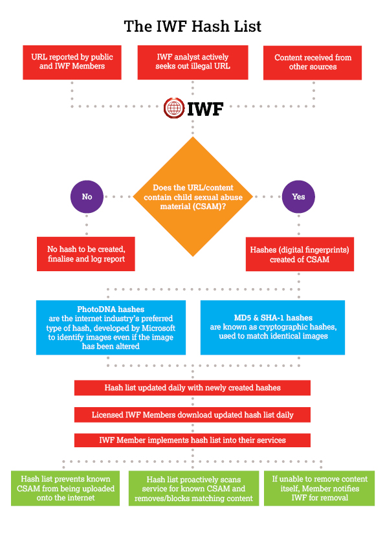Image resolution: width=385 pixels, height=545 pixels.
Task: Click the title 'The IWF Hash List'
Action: pyautogui.click(x=193, y=27)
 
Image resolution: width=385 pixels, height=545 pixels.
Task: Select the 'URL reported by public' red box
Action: pyautogui.click(x=72, y=63)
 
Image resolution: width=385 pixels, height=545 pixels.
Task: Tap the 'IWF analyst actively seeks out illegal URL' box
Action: pyautogui.click(x=193, y=63)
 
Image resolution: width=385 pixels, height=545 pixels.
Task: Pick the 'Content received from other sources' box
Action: pyautogui.click(x=313, y=63)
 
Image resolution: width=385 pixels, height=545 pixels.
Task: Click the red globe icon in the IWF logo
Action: pyautogui.click(x=174, y=108)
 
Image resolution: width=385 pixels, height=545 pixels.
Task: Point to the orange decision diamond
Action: pyautogui.click(x=193, y=197)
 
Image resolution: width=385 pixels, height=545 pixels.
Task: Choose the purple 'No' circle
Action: pyautogui.click(x=87, y=197)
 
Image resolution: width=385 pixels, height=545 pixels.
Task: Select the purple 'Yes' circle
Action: pyautogui.click(x=298, y=197)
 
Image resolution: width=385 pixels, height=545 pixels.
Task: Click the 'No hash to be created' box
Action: pyautogui.click(x=86, y=254)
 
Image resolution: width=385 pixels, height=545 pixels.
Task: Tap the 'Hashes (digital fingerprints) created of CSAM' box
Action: pyautogui.click(x=300, y=254)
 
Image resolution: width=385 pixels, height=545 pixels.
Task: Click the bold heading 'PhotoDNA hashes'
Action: pyautogui.click(x=111, y=309)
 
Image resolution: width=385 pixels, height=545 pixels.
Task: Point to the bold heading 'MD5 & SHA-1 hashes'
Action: pyautogui.click(x=273, y=318)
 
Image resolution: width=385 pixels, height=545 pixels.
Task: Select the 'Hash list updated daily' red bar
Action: pyautogui.click(x=192, y=388)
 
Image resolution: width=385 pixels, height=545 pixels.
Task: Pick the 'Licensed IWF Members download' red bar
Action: pyautogui.click(x=192, y=415)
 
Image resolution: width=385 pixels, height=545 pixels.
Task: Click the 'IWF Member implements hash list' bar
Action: pyautogui.click(x=192, y=440)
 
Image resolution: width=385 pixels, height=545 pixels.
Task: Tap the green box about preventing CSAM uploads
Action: pyautogui.click(x=65, y=488)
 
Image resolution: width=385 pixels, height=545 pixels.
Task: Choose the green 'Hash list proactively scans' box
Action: pyautogui.click(x=193, y=488)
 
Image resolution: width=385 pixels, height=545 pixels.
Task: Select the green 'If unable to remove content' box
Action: pyautogui.click(x=320, y=488)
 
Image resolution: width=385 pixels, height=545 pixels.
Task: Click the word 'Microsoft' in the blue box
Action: pyautogui.click(x=158, y=328)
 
